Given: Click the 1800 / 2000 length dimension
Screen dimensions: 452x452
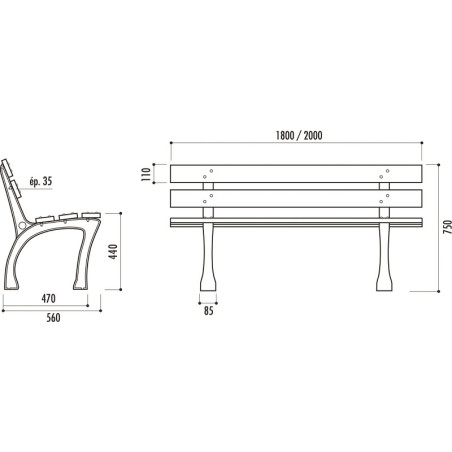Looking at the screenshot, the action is click(x=299, y=136).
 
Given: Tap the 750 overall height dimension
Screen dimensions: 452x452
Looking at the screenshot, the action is click(x=448, y=227).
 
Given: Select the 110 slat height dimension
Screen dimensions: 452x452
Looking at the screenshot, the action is click(x=146, y=174).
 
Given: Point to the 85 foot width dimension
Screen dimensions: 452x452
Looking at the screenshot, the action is click(x=208, y=311).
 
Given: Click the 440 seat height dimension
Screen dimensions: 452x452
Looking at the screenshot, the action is click(x=113, y=252).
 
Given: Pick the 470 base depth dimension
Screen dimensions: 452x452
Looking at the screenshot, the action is click(x=49, y=299).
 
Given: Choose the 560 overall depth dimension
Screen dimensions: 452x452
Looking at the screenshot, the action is click(x=53, y=318).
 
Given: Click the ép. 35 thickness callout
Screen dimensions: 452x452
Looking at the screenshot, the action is click(x=41, y=181).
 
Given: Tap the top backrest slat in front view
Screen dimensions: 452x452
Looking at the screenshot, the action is click(x=296, y=174).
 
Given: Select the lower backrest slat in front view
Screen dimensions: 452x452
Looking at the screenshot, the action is click(x=296, y=199).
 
